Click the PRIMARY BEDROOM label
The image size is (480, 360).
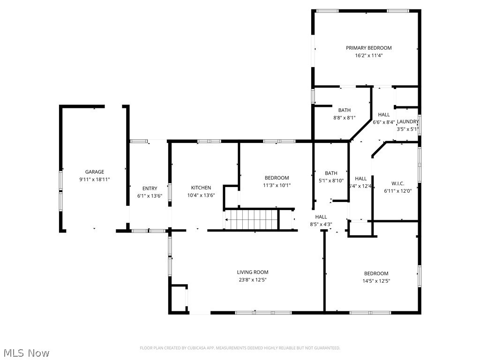(368, 48)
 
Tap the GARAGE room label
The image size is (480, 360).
(94, 172)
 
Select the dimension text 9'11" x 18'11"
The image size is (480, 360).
(94, 179)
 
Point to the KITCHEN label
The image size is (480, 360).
(201, 188)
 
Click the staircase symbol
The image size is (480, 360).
(252, 219)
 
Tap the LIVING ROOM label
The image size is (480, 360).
(252, 272)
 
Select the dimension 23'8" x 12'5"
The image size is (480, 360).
(252, 280)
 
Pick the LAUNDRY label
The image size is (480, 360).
(407, 122)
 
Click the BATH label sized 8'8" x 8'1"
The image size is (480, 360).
(344, 111)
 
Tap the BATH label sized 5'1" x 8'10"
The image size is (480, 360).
(331, 173)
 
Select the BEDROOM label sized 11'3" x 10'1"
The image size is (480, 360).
(277, 178)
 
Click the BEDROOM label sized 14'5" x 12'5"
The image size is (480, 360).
(376, 274)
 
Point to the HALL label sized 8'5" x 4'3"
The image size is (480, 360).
(321, 217)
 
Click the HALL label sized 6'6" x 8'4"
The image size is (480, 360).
(383, 115)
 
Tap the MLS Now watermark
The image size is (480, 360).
(26, 352)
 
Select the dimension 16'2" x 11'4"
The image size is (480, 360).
(368, 55)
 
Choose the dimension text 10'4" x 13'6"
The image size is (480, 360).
(201, 195)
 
